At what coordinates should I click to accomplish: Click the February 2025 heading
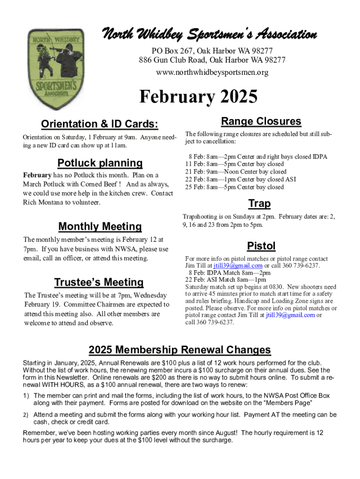click(199, 97)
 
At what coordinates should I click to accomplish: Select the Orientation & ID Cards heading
click(100, 124)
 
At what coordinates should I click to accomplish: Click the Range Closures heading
click(261, 122)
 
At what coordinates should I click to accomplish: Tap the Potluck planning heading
click(100, 163)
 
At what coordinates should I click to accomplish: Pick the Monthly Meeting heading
click(100, 227)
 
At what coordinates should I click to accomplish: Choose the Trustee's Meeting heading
click(99, 283)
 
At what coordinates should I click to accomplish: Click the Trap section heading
click(259, 203)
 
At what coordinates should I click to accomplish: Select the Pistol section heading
click(261, 246)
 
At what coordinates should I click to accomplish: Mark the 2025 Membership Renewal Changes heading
click(180, 350)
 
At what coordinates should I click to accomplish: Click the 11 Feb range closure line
click(234, 164)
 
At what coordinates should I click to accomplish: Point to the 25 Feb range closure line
click(234, 187)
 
